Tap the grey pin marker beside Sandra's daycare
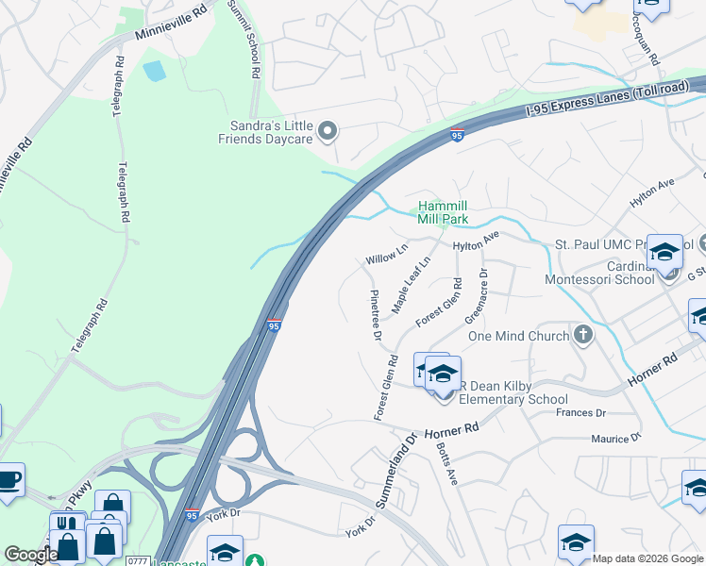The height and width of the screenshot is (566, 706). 328,131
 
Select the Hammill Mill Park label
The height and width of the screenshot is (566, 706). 444,212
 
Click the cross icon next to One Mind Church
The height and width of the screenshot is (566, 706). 583,335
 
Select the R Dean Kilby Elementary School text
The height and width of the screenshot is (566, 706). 513,391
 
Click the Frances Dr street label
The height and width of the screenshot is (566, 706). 580,413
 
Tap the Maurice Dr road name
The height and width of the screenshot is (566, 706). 615,439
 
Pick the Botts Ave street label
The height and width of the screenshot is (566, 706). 447,464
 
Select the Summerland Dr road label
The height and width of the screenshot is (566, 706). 397,472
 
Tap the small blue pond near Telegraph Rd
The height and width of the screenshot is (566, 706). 152,70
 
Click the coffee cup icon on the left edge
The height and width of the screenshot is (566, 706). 8,478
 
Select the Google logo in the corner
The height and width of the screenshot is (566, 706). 30,555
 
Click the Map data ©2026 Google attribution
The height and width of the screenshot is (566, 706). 648,558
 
